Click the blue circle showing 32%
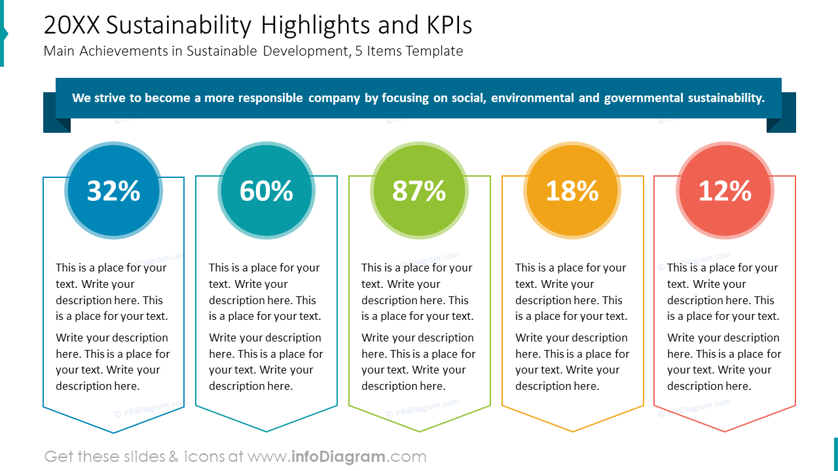(113, 190)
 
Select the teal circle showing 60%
(266, 190)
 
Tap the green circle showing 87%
(419, 190)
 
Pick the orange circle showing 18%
(572, 190)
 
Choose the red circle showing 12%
(725, 190)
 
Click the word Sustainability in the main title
(178, 26)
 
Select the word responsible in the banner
(270, 98)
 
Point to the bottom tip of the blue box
(113, 432)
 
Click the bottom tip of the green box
(419, 431)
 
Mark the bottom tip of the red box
(725, 431)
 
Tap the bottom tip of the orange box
(572, 431)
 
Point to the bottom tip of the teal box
(266, 431)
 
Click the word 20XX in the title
(72, 26)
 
